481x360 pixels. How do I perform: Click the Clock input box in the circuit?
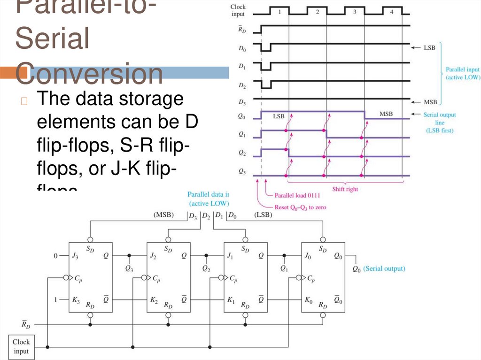21,347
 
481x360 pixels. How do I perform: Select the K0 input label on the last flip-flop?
308,300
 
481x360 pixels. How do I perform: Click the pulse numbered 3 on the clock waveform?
355,12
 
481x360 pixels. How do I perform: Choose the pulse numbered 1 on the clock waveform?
279,12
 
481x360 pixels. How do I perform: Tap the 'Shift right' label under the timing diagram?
345,189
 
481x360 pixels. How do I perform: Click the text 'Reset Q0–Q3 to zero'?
301,207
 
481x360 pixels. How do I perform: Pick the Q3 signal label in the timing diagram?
242,172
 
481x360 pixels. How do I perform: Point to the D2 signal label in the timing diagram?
242,86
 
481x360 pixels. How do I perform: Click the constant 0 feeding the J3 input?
55,256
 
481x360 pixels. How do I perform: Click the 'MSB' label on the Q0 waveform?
386,114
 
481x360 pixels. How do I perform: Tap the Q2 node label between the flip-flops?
206,268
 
